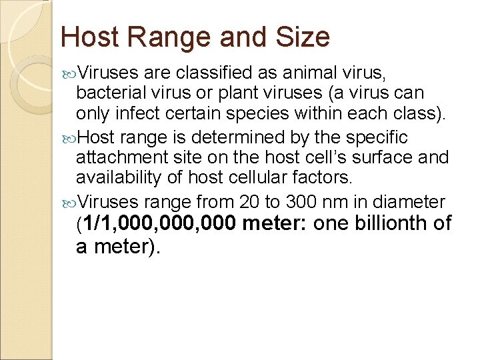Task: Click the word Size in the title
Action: click(x=304, y=37)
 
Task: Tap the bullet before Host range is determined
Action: click(x=70, y=138)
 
